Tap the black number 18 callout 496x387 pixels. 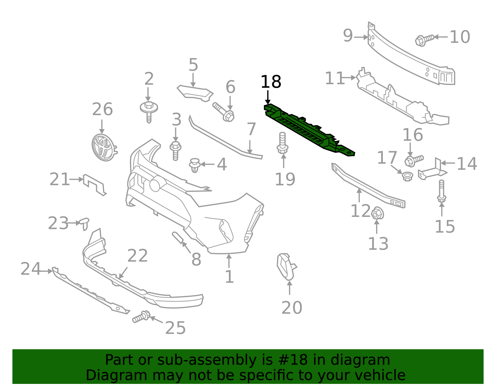(x=271, y=82)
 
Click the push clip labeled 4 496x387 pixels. (x=194, y=165)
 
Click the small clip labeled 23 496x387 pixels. (x=84, y=223)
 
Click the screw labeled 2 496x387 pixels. (x=149, y=111)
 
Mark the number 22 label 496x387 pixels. (x=137, y=256)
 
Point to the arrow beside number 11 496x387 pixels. (x=351, y=78)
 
